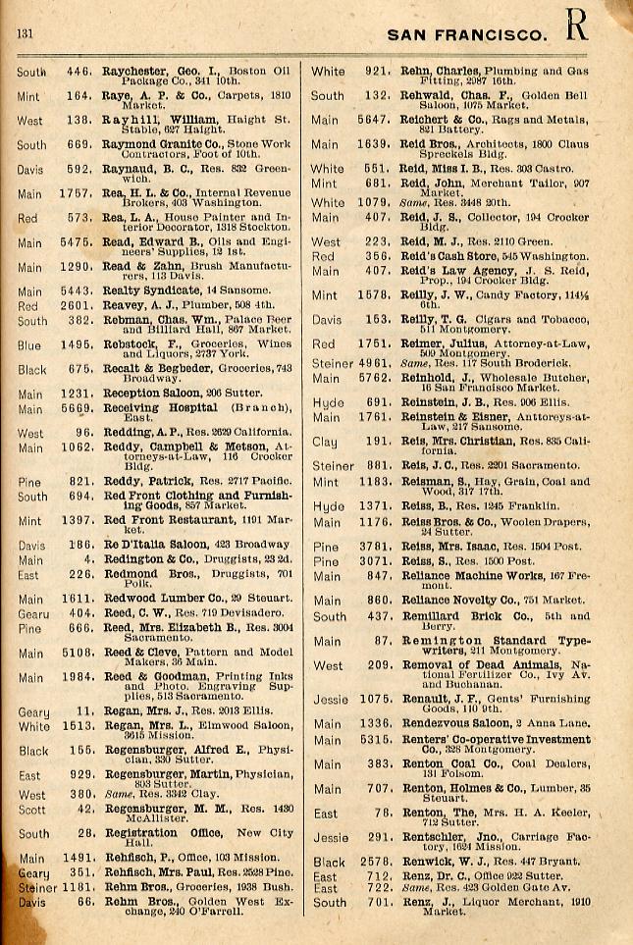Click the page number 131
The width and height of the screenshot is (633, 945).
[26, 34]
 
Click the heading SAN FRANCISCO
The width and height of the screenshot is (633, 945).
[467, 35]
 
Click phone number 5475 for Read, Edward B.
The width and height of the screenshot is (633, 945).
[79, 243]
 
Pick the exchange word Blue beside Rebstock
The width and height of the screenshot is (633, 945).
[29, 344]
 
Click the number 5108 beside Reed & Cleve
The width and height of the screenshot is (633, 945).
[77, 653]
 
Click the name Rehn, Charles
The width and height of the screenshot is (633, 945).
[446, 71]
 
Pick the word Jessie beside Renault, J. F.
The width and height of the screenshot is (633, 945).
[331, 700]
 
